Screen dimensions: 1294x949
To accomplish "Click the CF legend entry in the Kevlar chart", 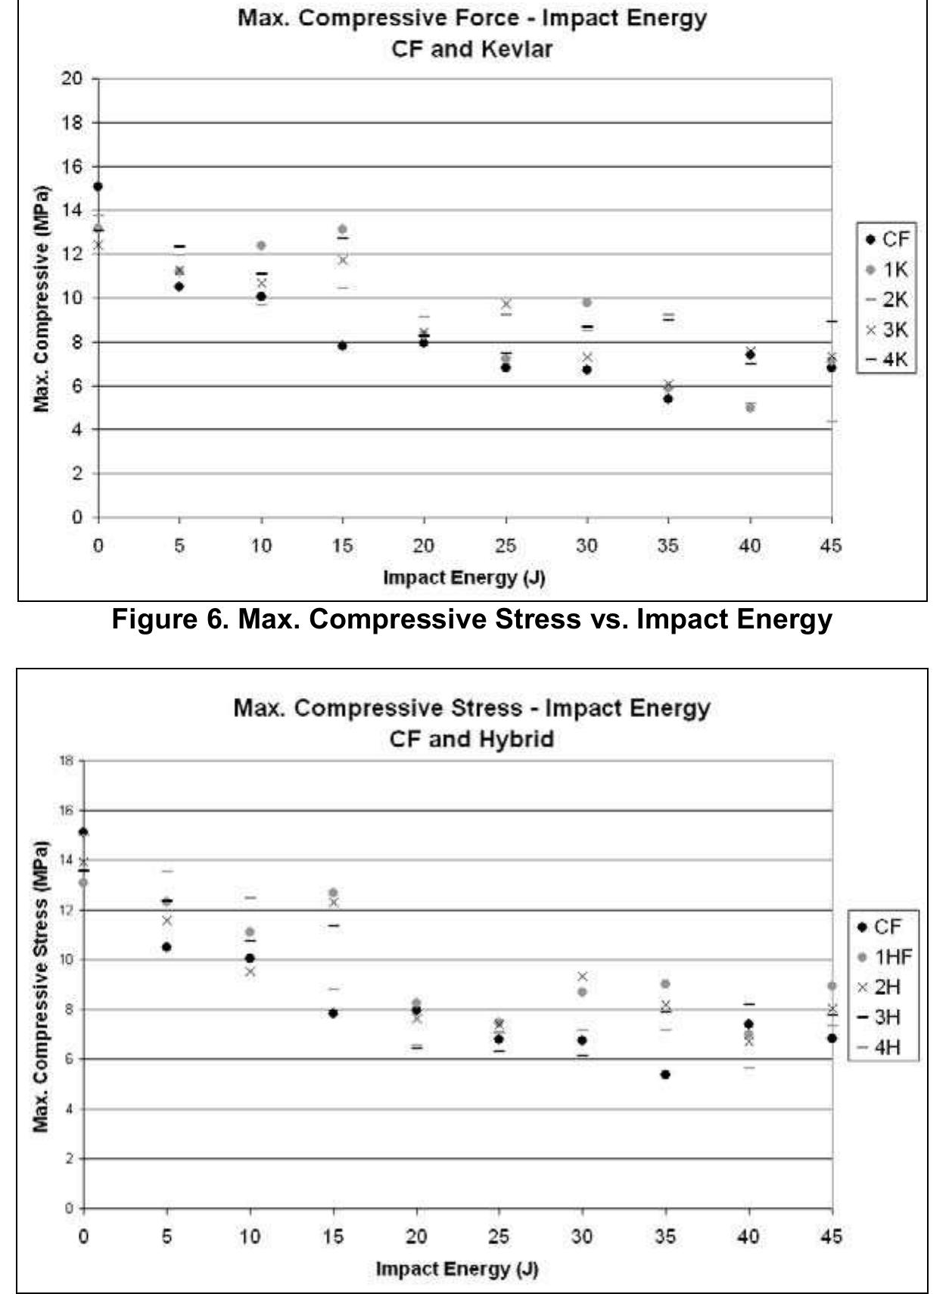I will pos(887,239).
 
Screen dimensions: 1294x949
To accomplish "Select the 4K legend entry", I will pos(887,359).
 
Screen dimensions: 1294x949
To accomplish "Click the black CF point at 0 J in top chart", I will pos(98,186).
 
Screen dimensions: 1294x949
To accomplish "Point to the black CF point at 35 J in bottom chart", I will pos(665,1074).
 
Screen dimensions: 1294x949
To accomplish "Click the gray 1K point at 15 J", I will pos(342,229).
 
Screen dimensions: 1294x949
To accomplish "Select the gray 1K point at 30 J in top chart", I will pos(587,302).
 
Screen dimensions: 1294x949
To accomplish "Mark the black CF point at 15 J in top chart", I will pos(342,345).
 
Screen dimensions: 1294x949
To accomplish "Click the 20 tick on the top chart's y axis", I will pos(72,79).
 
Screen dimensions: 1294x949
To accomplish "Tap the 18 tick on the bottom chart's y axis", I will pos(67,761).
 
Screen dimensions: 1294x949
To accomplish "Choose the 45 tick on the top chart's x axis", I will pos(830,546).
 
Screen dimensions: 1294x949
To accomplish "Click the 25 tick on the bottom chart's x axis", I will pos(499,1236).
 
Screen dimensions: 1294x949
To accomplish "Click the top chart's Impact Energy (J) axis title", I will pos(463,578).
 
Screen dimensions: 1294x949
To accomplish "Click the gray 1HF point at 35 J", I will pos(665,984).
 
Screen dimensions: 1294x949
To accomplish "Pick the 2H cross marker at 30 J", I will pos(582,977).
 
